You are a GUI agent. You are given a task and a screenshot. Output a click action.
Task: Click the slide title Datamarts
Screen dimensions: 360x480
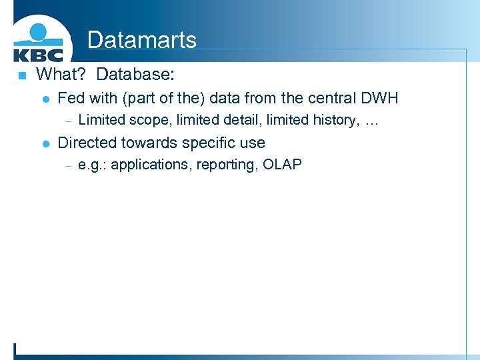tap(141, 40)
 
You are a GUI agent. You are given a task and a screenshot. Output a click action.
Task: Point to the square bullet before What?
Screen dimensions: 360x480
tap(21, 75)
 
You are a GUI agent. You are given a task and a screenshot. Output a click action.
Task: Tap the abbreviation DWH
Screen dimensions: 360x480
tap(379, 98)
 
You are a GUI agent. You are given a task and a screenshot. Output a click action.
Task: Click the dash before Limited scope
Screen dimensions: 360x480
tap(68, 121)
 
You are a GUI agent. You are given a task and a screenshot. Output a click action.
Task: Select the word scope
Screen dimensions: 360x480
tap(151, 120)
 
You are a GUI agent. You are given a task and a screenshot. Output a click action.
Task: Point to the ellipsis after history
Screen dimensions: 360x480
tap(371, 121)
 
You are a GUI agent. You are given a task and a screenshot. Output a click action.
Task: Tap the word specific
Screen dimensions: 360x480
tap(205, 143)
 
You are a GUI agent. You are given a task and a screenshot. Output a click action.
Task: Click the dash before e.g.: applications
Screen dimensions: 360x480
tap(68, 165)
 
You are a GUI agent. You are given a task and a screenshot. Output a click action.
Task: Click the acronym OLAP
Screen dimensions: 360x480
tap(282, 164)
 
